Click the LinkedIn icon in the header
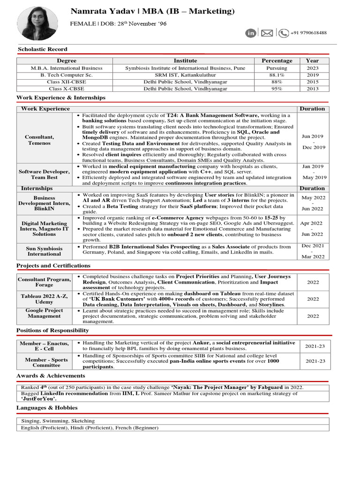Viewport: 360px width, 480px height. [x=251, y=33]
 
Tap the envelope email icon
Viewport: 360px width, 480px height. [x=267, y=33]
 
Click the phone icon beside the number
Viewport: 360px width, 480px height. [x=283, y=33]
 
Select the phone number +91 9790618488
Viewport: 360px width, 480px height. [x=308, y=33]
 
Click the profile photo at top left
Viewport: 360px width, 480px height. [x=37, y=23]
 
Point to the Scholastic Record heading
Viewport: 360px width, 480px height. [x=42, y=49]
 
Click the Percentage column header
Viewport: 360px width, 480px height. [x=277, y=61]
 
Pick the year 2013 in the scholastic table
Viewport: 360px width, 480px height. [x=312, y=89]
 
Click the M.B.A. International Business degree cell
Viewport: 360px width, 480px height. [x=67, y=68]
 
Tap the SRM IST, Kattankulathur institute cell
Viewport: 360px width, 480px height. [x=185, y=75]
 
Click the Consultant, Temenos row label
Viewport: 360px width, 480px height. [x=39, y=140]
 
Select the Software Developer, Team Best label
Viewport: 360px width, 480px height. [x=44, y=174]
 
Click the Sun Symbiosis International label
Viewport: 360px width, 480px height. [x=44, y=250]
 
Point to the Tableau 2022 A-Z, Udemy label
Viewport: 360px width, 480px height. [x=44, y=299]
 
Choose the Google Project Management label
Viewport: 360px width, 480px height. [x=44, y=313]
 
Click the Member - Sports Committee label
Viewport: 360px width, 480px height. [x=44, y=362]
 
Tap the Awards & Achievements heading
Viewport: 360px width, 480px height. [x=51, y=376]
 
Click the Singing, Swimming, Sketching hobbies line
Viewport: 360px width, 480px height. [x=58, y=421]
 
